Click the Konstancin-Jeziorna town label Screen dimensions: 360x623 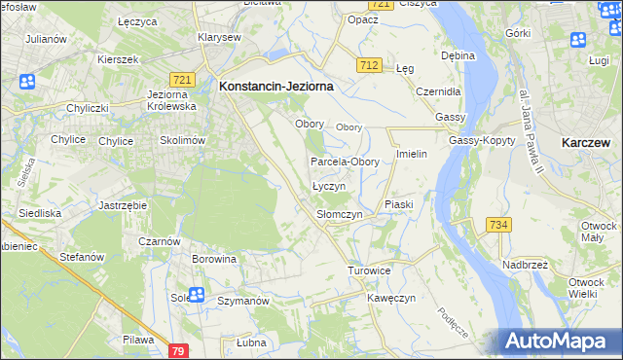click(x=276, y=86)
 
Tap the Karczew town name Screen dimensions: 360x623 click(x=586, y=142)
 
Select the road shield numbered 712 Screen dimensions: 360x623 click(x=368, y=65)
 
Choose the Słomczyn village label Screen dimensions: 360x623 click(x=340, y=213)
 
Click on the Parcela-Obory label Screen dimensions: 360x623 click(x=345, y=162)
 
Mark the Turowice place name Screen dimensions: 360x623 click(x=369, y=270)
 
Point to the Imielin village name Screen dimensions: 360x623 click(x=413, y=155)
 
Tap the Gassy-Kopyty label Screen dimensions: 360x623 click(x=476, y=140)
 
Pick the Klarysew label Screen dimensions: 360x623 click(x=218, y=37)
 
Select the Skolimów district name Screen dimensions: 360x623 click(x=182, y=140)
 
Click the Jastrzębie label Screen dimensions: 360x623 click(x=123, y=206)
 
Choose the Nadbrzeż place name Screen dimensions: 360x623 click(x=529, y=264)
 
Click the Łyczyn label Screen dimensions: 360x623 click(x=327, y=185)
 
